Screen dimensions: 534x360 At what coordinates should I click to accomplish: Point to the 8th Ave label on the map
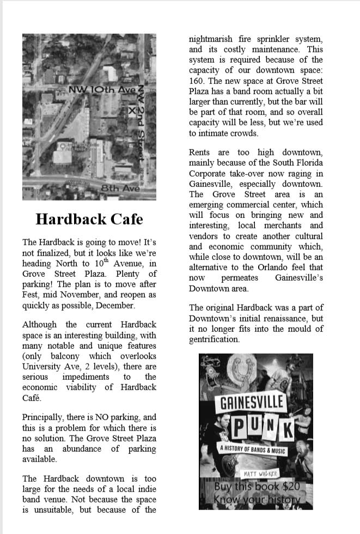coord(120,189)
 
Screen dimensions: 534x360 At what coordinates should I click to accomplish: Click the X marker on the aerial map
coord(131,111)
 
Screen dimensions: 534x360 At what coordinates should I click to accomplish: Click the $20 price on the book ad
coord(290,487)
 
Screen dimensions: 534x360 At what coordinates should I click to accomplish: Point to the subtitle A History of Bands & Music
coord(252,451)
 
